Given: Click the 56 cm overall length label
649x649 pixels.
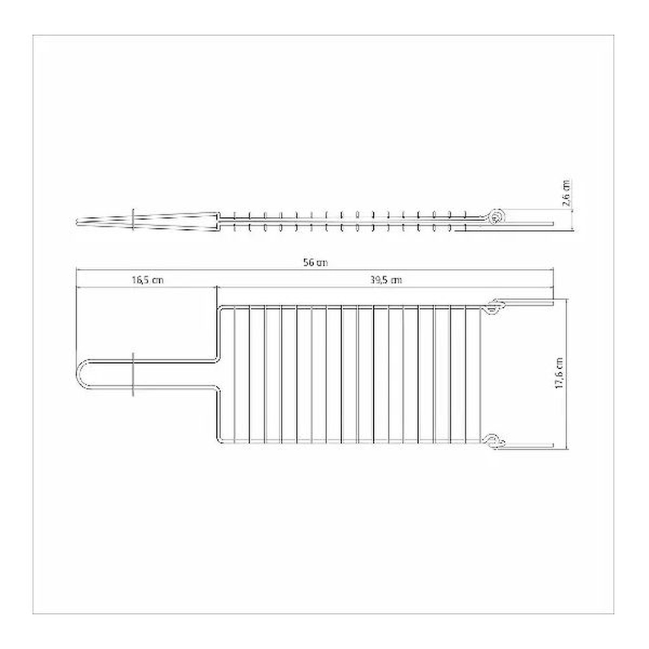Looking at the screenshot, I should pos(315,263).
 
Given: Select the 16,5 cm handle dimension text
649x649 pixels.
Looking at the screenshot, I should pos(147,280).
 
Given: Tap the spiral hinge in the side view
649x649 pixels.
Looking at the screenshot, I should pos(495,217).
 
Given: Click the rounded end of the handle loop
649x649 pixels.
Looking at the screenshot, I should pos(79,373).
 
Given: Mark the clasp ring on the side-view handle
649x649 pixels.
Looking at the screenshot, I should pos(133,218).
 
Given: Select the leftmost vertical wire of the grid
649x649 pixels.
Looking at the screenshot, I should pos(233,374).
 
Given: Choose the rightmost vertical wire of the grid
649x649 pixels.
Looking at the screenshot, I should pos(480,374).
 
